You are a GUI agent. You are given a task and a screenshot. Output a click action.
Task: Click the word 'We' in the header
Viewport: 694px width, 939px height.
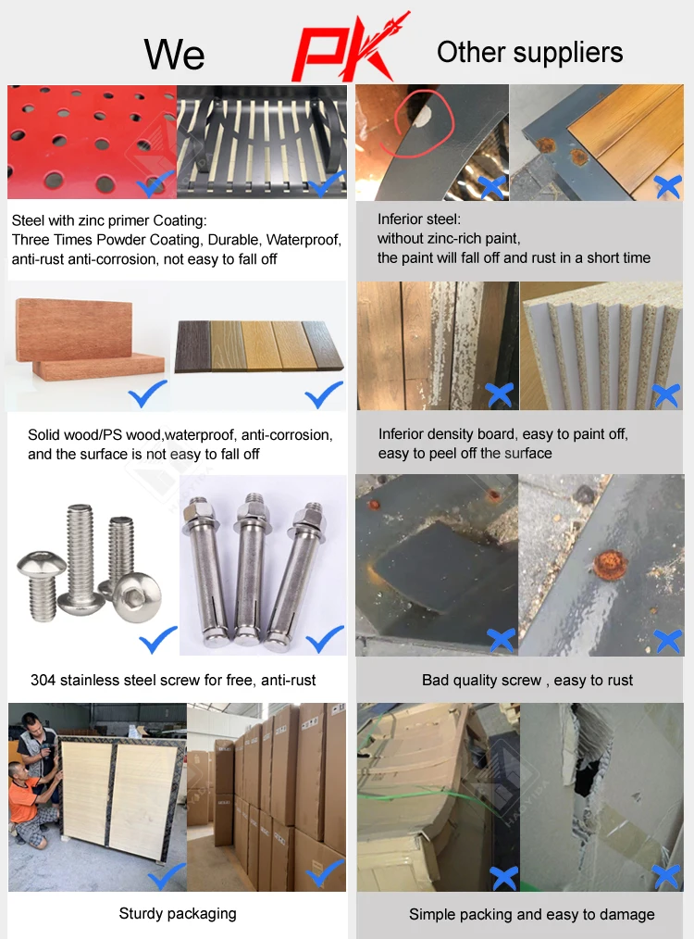click(174, 54)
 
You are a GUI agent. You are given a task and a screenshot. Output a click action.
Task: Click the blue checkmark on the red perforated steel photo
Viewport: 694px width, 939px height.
click(155, 184)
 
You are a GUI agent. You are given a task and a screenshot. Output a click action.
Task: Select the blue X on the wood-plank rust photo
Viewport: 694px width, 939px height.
click(668, 187)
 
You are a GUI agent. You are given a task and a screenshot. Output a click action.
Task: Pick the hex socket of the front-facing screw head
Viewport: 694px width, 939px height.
click(139, 595)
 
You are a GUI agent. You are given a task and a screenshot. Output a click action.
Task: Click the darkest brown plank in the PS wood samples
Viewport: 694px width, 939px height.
click(192, 345)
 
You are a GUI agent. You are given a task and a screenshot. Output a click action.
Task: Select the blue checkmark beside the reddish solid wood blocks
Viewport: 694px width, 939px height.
click(148, 394)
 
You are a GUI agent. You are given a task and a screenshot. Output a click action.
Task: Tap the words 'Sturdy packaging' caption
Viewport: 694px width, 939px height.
click(178, 914)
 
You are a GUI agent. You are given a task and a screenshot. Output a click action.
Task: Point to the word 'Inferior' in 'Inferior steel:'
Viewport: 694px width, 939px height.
click(400, 219)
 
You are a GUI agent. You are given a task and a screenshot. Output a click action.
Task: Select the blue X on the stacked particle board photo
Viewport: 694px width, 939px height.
click(666, 395)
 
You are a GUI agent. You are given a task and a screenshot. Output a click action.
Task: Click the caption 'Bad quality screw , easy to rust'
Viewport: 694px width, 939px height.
click(527, 681)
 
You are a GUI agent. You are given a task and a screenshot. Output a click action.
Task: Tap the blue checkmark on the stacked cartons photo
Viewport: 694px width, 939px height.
click(326, 873)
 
